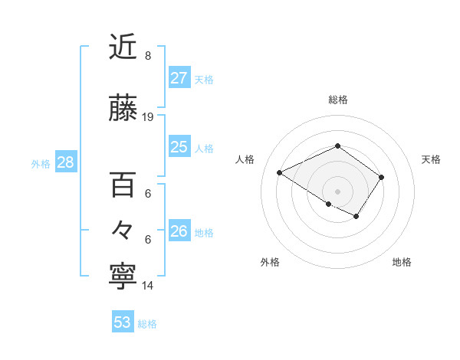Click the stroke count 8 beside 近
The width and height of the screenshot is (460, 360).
147,56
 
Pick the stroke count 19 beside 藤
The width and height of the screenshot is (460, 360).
148,117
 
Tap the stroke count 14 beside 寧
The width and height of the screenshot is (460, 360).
148,286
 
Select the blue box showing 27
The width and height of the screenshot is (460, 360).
179,78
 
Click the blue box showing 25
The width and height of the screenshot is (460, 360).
179,147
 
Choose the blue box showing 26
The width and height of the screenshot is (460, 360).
179,231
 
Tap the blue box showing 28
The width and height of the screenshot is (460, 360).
65,162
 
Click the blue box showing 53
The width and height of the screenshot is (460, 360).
123,322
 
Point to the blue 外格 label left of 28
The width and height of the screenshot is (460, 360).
41,163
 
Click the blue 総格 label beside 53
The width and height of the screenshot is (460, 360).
147,324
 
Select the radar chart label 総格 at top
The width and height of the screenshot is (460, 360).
337,100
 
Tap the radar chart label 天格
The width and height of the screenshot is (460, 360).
431,159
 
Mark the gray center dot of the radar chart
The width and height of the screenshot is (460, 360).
337,191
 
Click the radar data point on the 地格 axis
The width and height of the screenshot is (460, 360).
356,217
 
